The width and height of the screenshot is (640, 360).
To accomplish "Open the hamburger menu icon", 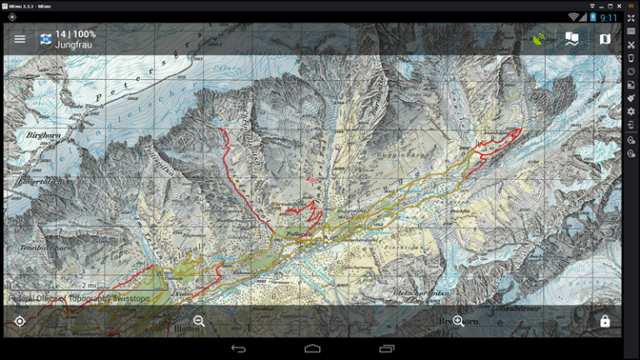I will (x=20, y=39).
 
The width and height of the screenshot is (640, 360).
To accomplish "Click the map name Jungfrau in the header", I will (x=74, y=44).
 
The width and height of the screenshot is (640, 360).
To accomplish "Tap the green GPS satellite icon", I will (x=540, y=38).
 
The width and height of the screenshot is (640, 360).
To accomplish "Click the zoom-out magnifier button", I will (x=199, y=321).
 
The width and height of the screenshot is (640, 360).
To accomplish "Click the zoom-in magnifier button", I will (x=458, y=321).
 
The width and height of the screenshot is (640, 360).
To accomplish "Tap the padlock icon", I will (x=605, y=321).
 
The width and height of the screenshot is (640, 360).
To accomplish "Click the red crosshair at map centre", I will (x=312, y=178).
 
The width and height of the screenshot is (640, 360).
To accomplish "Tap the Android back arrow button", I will (x=239, y=348).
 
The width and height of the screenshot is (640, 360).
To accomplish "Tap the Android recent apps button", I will (x=387, y=348).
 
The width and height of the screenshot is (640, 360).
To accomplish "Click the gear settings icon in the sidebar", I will (x=631, y=112).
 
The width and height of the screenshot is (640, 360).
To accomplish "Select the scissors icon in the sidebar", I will (x=631, y=45).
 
